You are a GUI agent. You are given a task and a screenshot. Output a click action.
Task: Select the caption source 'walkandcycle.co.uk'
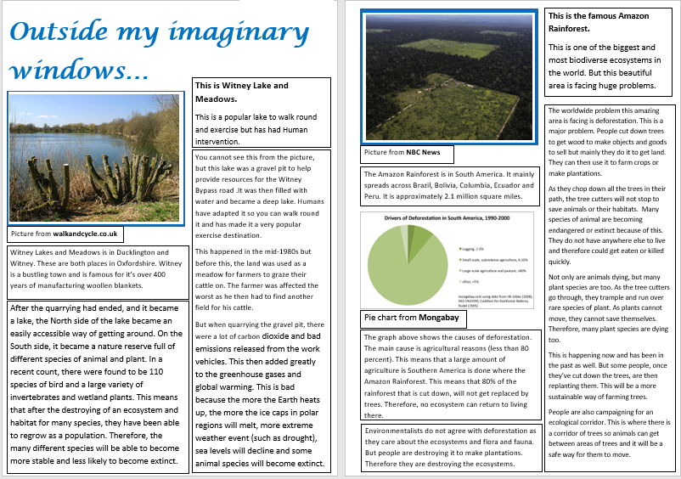point(85,234)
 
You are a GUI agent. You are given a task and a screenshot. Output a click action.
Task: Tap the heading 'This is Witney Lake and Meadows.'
point(242,92)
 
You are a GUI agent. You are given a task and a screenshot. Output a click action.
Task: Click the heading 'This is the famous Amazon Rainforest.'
point(599,22)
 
